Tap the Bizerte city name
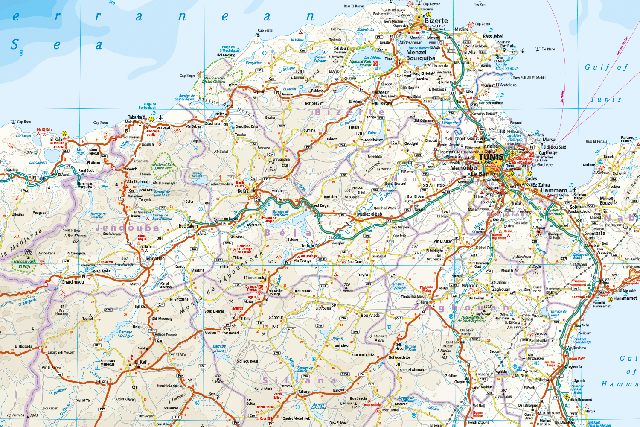(436, 20)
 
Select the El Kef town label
(141, 362)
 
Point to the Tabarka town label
(135, 117)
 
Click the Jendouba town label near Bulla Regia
(154, 258)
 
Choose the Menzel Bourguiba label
(420, 55)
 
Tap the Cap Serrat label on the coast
(265, 30)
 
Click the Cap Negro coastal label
(187, 76)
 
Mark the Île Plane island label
(548, 49)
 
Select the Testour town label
(308, 246)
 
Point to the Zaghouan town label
(501, 289)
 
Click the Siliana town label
(305, 392)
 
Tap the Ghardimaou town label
(73, 282)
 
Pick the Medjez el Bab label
(369, 214)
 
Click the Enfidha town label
(542, 380)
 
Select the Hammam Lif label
(558, 190)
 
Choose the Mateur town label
(381, 92)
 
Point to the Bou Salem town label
(188, 226)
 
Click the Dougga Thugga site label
(251, 288)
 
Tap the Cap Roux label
(101, 123)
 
